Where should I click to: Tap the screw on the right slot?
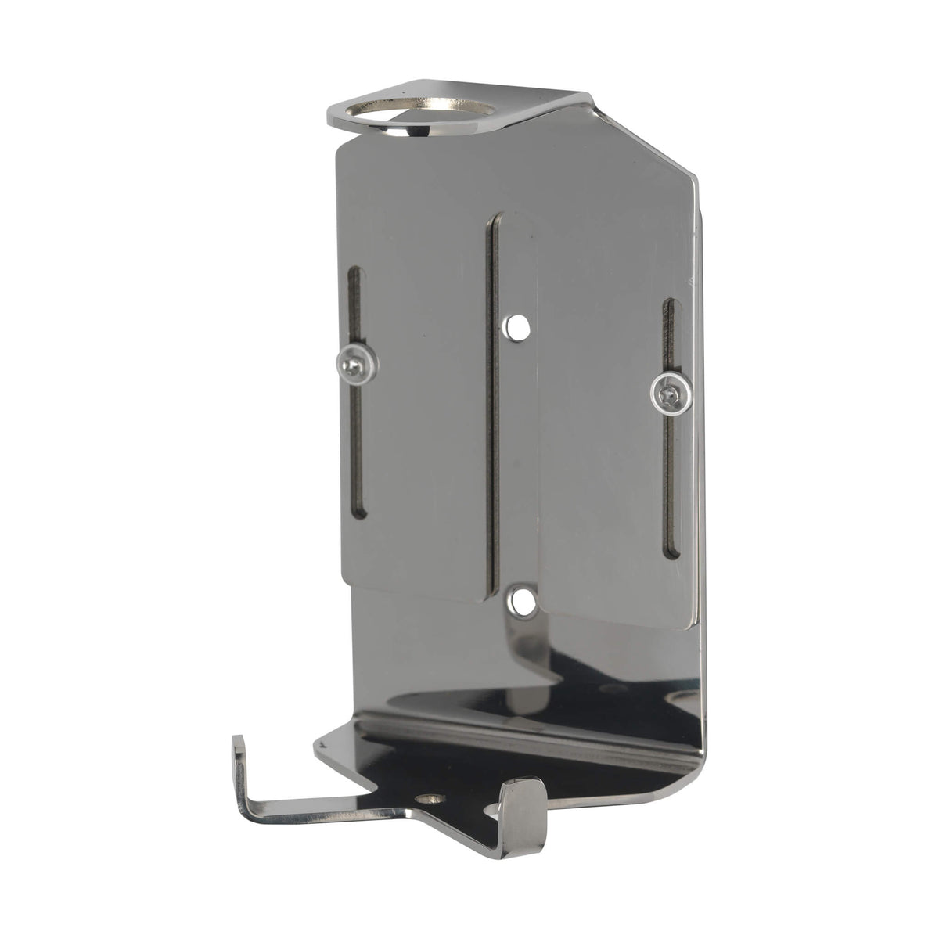671,388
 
